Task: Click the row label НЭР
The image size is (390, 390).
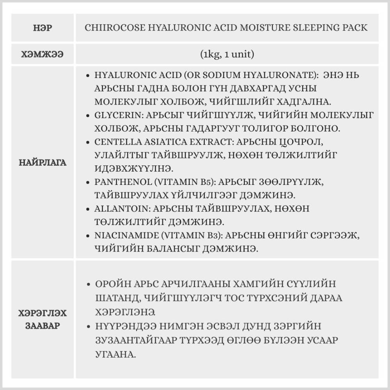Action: [x=43, y=28]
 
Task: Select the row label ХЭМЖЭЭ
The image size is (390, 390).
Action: [x=43, y=54]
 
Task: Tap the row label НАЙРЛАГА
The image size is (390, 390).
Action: [x=43, y=162]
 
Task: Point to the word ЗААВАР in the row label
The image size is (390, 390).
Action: [x=43, y=326]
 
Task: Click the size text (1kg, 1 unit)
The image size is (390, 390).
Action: [x=227, y=54]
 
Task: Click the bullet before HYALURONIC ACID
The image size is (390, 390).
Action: [x=89, y=75]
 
